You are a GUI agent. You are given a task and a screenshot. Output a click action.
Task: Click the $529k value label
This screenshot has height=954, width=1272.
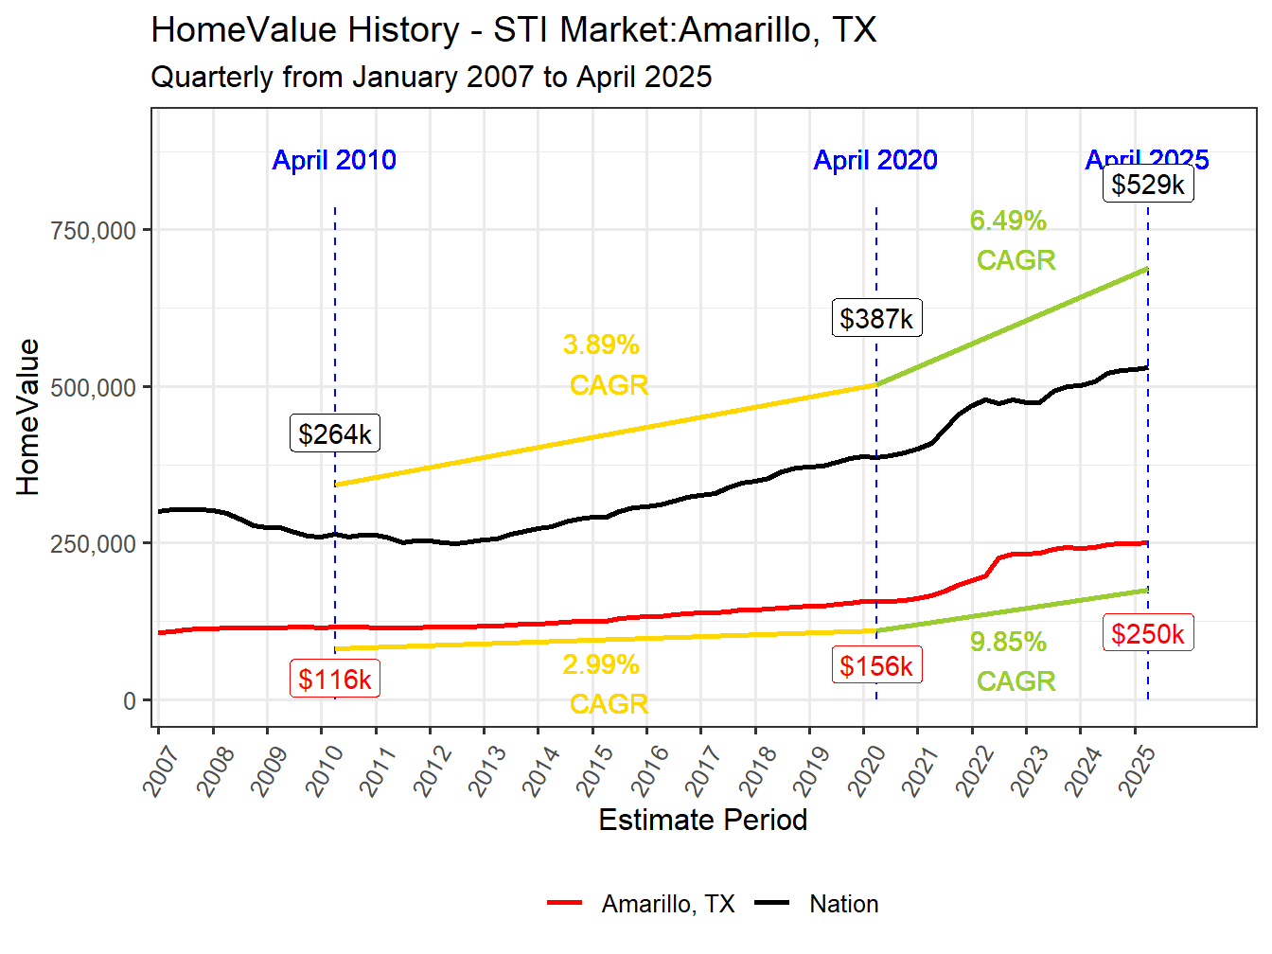coord(1148,185)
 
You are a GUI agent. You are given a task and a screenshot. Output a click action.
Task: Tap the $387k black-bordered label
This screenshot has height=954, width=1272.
coord(876,319)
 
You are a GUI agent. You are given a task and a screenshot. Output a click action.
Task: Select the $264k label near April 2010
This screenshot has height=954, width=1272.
coord(335,434)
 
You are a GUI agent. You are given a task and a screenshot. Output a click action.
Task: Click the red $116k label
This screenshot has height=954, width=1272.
coord(335,680)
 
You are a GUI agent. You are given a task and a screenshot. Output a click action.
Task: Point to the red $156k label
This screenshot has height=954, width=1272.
coord(876,666)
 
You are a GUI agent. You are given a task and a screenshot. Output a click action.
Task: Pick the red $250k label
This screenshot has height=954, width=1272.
coord(1148,634)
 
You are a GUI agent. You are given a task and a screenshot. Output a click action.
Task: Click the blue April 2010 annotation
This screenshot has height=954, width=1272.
coord(334,160)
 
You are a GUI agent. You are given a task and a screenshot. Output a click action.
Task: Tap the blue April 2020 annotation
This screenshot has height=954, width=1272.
coord(875,160)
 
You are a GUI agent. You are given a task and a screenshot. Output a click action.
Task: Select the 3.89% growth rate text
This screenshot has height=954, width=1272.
coord(601,344)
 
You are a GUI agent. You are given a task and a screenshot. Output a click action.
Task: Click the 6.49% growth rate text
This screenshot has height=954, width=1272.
coord(1008,221)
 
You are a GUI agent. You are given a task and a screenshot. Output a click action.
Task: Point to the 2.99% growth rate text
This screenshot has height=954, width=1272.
coord(601,664)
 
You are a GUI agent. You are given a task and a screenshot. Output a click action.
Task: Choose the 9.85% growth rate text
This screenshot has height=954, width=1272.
coord(1008,642)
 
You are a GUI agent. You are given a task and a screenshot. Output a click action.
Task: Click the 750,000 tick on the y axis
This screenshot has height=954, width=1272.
coord(93,230)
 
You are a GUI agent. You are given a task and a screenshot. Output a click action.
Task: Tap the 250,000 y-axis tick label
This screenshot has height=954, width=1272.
coord(93,544)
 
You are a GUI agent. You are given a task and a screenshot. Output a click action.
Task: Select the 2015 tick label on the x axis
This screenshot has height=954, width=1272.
coord(595,770)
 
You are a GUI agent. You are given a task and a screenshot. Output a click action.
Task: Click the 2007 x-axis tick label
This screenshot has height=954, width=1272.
coord(162,770)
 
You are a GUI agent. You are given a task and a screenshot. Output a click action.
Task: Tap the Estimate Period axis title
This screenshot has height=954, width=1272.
coord(702,820)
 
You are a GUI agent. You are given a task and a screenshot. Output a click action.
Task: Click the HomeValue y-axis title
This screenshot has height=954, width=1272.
coord(28,417)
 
